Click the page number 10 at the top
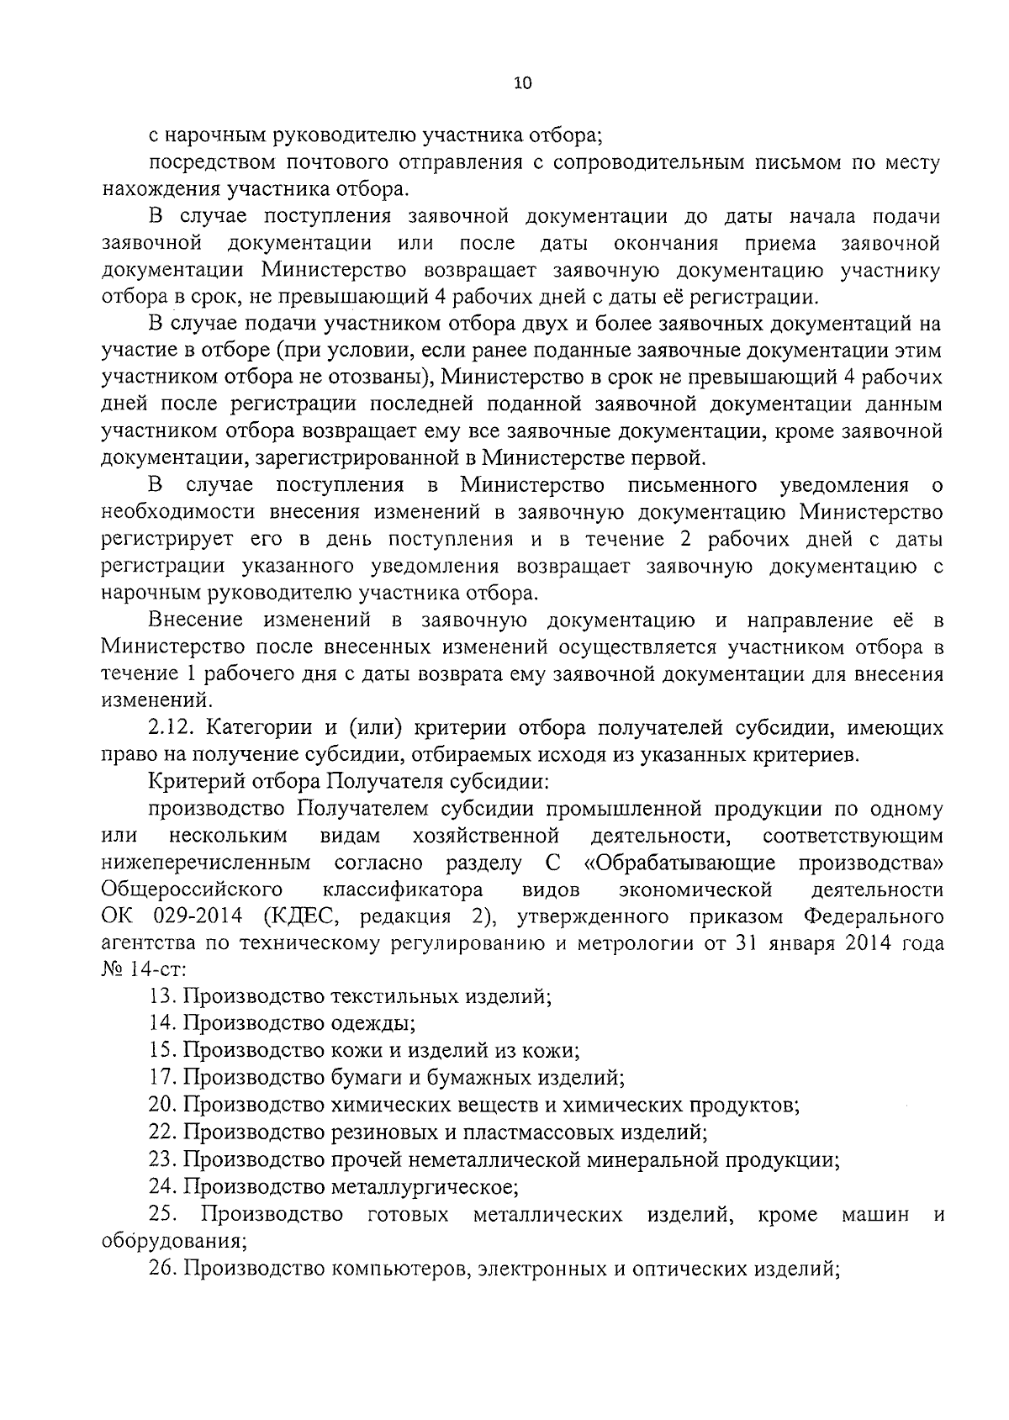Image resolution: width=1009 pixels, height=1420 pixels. tap(521, 83)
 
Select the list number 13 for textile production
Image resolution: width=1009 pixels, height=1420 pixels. tap(161, 997)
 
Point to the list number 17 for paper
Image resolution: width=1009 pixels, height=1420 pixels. tap(161, 1077)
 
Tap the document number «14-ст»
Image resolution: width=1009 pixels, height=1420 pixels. tap(151, 970)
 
